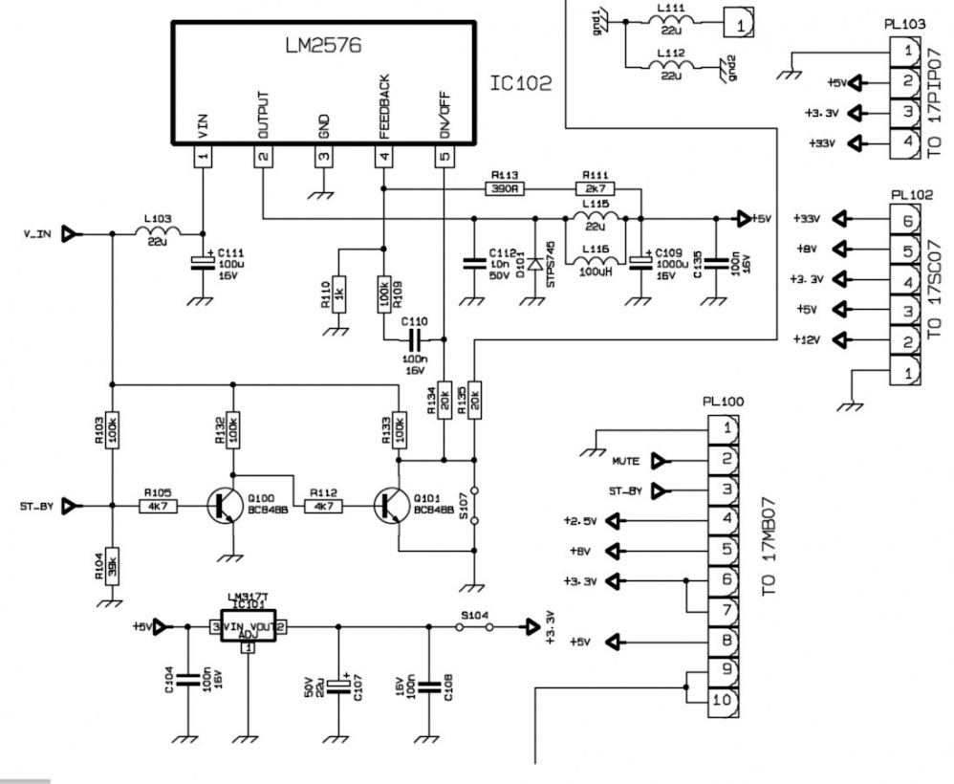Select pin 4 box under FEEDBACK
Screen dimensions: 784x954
click(x=383, y=157)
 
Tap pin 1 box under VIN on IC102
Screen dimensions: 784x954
click(x=204, y=157)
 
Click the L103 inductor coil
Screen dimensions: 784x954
click(x=156, y=232)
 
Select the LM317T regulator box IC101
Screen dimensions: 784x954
click(x=248, y=627)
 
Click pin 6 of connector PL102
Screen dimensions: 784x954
click(x=904, y=220)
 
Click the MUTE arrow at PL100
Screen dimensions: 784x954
click(x=660, y=462)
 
